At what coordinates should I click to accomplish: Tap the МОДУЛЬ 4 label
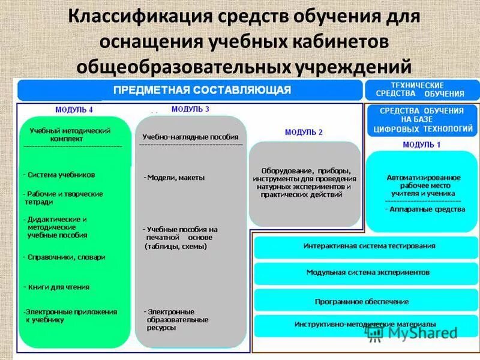(74, 110)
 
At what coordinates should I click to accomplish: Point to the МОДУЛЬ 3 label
(190, 109)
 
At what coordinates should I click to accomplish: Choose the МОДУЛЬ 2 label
(304, 132)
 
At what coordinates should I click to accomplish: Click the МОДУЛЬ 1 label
(421, 145)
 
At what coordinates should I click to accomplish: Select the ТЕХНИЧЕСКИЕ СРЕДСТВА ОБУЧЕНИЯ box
(420, 89)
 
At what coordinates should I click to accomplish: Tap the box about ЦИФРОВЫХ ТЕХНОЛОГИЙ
(422, 120)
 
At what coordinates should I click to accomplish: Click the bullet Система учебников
(60, 175)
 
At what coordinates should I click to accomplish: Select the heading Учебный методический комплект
(70, 134)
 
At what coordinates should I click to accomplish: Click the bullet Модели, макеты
(175, 178)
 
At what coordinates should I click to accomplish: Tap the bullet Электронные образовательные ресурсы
(176, 320)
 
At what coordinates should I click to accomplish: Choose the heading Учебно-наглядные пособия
(191, 137)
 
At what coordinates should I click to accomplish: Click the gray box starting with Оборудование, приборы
(304, 182)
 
